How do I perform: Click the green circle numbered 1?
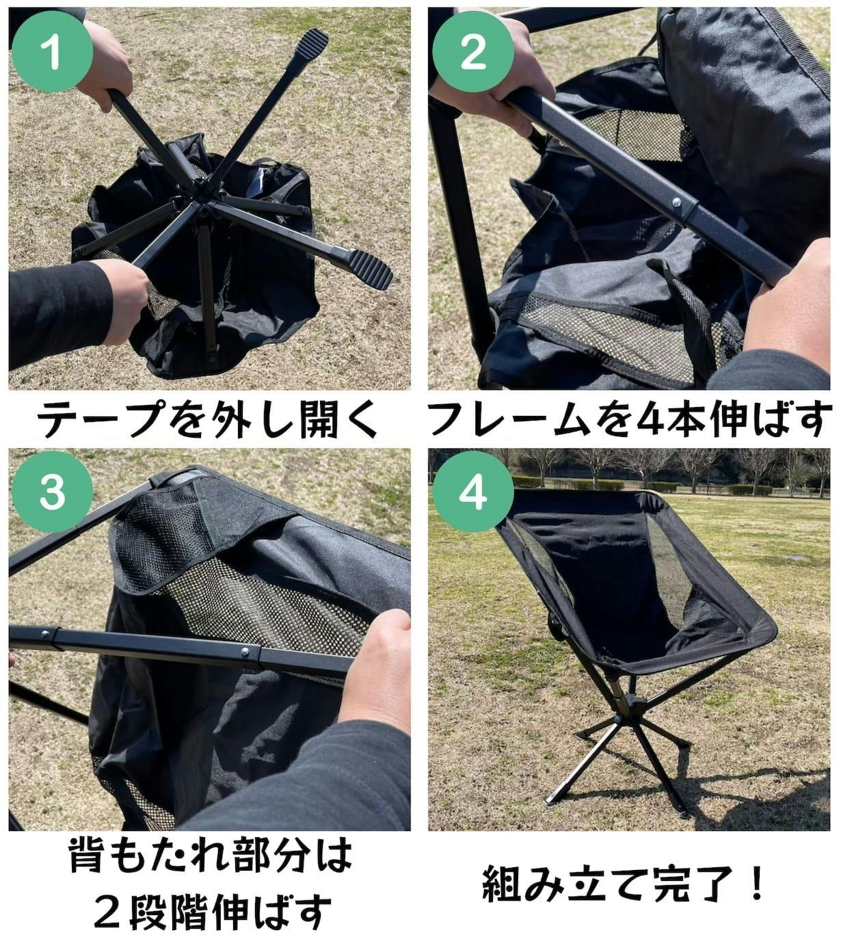pos(52,52)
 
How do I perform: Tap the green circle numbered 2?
pos(473,52)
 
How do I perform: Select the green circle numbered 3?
pos(52,492)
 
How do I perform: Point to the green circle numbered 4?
pos(473,492)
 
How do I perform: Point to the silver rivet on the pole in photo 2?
pos(676,202)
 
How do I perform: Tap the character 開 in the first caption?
pos(319,419)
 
